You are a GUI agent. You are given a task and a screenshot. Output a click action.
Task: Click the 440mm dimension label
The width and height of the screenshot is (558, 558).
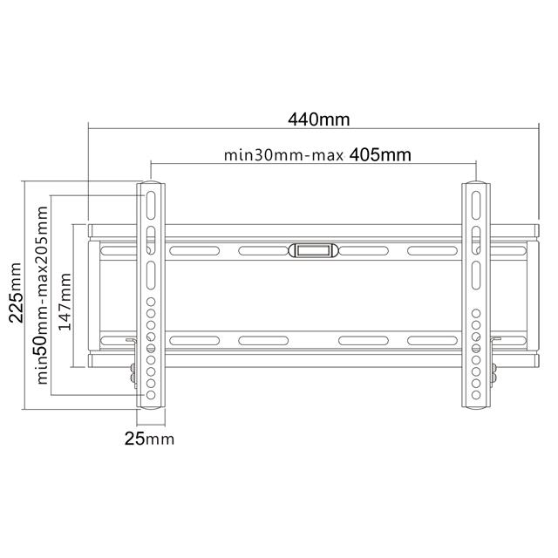[319, 119]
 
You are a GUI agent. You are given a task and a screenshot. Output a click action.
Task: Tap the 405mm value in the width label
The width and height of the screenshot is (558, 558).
[380, 155]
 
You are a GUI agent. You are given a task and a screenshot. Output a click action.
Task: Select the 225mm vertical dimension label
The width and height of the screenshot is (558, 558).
[16, 293]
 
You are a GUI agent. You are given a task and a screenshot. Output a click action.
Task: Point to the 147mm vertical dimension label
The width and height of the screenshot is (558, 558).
[65, 302]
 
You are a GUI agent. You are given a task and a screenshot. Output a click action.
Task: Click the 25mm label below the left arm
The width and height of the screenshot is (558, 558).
[149, 439]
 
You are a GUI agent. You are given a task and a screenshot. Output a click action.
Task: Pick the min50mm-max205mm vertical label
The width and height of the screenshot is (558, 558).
[42, 295]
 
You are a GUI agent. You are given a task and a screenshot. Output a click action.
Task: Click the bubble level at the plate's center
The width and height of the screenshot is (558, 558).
[312, 250]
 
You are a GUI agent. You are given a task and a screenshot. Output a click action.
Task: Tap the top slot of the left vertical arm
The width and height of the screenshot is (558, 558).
[151, 206]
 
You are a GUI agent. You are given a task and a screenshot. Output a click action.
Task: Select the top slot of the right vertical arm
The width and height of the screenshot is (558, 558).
[476, 206]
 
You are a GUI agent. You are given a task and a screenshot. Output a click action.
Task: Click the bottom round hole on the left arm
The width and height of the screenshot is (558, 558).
[151, 395]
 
